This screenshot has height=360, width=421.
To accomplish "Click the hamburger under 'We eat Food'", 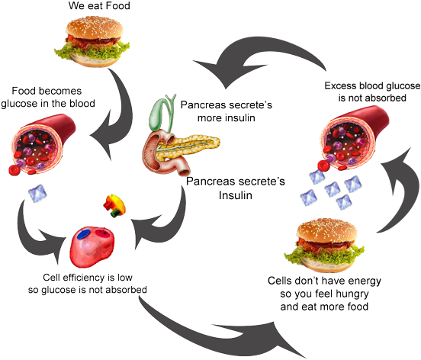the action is (92, 41).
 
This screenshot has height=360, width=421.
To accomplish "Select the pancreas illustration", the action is (181, 153).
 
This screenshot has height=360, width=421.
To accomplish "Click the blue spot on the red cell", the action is (83, 234).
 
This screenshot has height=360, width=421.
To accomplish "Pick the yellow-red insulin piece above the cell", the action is (114, 205).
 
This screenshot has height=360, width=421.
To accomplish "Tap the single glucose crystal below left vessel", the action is (37, 193).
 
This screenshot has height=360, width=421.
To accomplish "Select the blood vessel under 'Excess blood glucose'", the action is (354, 138).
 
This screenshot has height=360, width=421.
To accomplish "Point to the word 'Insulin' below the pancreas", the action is (236, 195).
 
